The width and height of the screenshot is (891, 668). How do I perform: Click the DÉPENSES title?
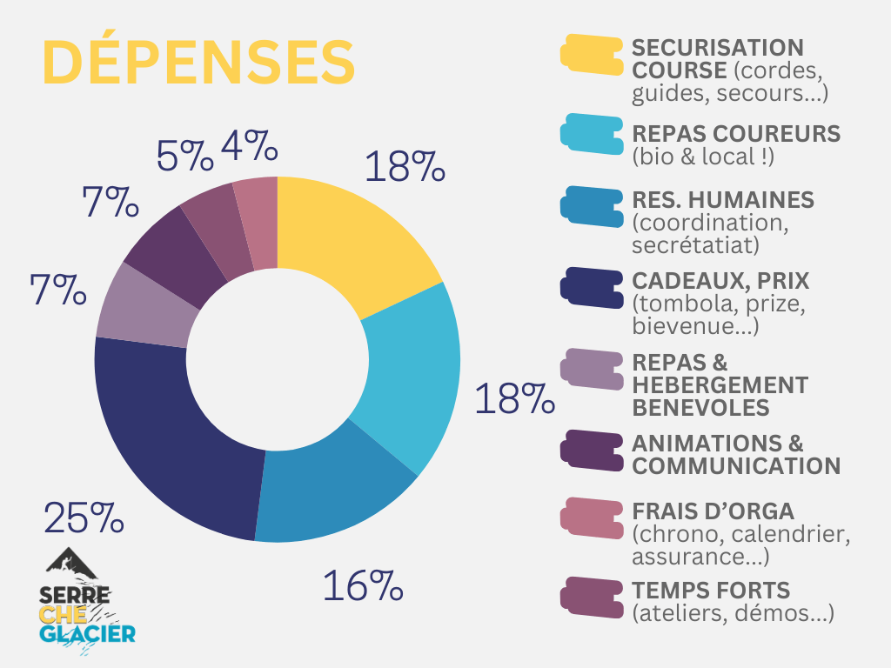[198, 62]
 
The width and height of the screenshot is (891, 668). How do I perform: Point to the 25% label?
[84, 518]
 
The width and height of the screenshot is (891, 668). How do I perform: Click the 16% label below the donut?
[363, 586]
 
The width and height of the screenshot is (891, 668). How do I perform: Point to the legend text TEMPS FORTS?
[711, 590]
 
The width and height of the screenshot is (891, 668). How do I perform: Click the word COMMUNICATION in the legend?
[736, 466]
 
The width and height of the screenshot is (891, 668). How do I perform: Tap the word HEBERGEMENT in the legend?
[720, 384]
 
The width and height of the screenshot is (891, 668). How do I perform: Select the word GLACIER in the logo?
[87, 632]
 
